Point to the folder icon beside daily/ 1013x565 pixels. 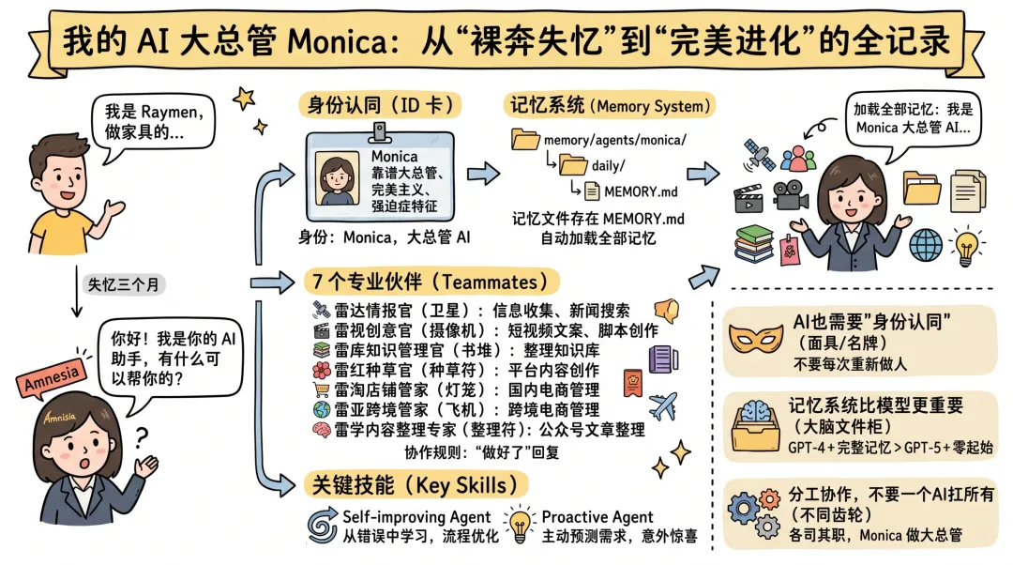573,166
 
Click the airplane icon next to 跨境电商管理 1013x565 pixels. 662,405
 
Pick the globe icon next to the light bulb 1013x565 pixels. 926,245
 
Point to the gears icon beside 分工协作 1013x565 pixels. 754,512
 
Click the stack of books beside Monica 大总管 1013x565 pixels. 754,243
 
